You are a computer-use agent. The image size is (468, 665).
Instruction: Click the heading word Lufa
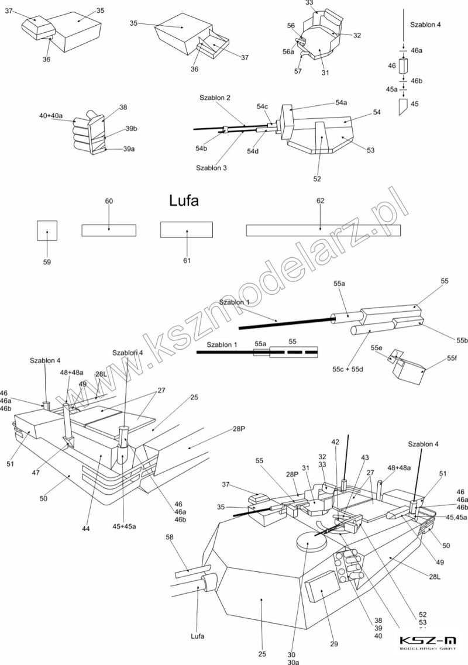[x=184, y=201]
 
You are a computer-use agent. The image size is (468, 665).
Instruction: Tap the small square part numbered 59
[x=47, y=230]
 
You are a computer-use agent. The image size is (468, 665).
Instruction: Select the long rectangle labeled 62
[x=323, y=230]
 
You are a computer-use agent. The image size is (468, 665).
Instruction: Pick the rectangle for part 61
[x=186, y=230]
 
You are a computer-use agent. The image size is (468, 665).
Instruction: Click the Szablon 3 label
[x=211, y=168]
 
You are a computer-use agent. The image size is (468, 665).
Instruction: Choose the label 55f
[x=452, y=357]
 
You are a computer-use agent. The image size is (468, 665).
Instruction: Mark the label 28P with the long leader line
[x=239, y=429]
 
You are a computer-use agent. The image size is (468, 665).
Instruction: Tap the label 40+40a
[x=51, y=116]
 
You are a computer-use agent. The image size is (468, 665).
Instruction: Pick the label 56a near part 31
[x=288, y=51]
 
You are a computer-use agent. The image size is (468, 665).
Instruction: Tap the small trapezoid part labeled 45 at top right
[x=403, y=107]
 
